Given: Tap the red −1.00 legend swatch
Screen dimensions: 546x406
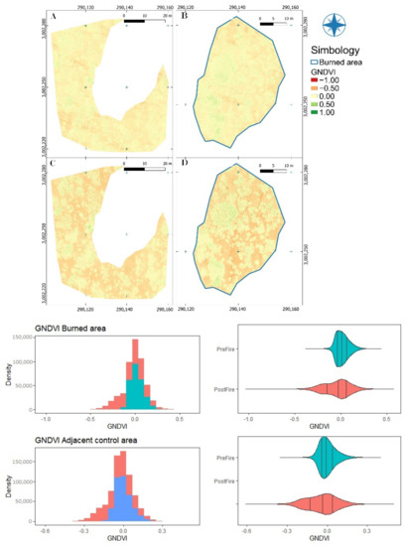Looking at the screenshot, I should click(318, 81).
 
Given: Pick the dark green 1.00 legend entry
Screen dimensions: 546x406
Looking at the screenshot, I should click(318, 125).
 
